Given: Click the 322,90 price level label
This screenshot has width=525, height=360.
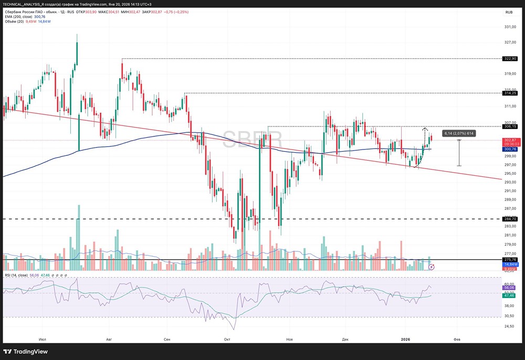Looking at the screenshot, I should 510,59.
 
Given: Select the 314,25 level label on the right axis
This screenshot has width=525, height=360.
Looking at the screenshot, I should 510,93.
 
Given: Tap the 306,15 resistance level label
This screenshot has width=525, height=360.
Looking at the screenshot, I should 510,126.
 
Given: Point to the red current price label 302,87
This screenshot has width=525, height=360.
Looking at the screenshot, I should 510,140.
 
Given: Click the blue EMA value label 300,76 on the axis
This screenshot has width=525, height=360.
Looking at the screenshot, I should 510,149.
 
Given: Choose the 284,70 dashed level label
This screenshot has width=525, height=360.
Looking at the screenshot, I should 510,219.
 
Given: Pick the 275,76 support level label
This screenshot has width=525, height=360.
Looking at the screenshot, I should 510,260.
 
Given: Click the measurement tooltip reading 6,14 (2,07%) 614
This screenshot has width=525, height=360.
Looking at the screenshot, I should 459,133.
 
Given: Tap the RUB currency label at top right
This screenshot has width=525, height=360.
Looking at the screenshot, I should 509,12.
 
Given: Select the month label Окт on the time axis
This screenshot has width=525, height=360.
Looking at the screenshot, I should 227,340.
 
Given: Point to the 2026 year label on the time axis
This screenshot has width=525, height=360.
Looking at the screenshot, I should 405,340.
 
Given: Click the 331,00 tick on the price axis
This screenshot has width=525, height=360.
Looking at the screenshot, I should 509,27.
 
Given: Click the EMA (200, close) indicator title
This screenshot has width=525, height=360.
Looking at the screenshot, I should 18,16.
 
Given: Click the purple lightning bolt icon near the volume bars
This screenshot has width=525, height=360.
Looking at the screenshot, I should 432,267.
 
